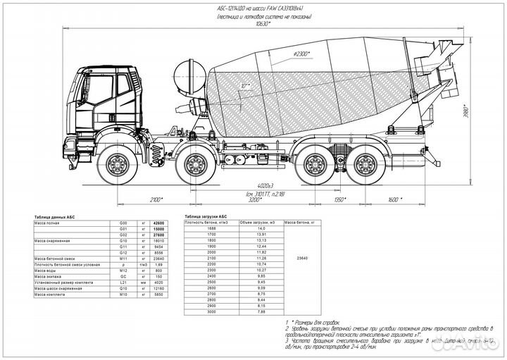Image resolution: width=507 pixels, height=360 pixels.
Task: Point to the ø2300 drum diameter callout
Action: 320,54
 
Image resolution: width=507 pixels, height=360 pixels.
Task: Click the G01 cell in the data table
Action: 125,230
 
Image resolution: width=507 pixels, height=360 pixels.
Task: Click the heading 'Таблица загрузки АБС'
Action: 206,217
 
